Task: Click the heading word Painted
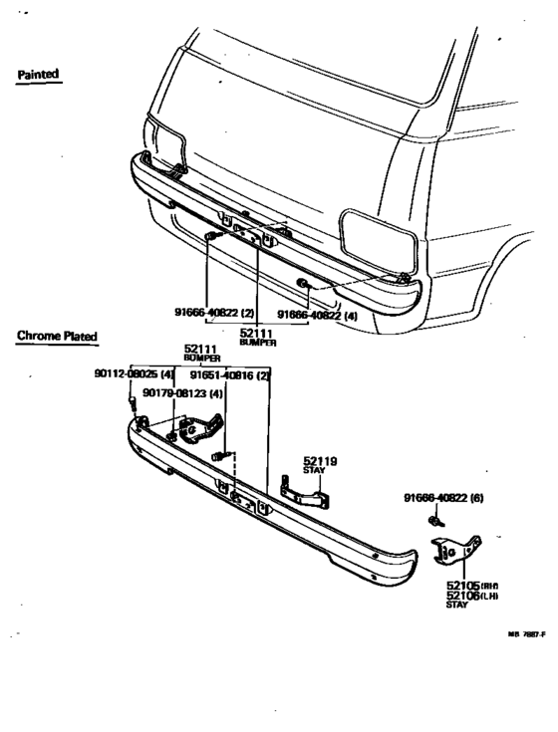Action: click(39, 74)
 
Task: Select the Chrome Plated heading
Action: click(57, 337)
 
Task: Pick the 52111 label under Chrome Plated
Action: click(201, 350)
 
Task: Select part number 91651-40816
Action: click(230, 375)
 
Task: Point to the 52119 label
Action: click(320, 461)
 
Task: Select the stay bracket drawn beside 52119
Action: click(304, 493)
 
